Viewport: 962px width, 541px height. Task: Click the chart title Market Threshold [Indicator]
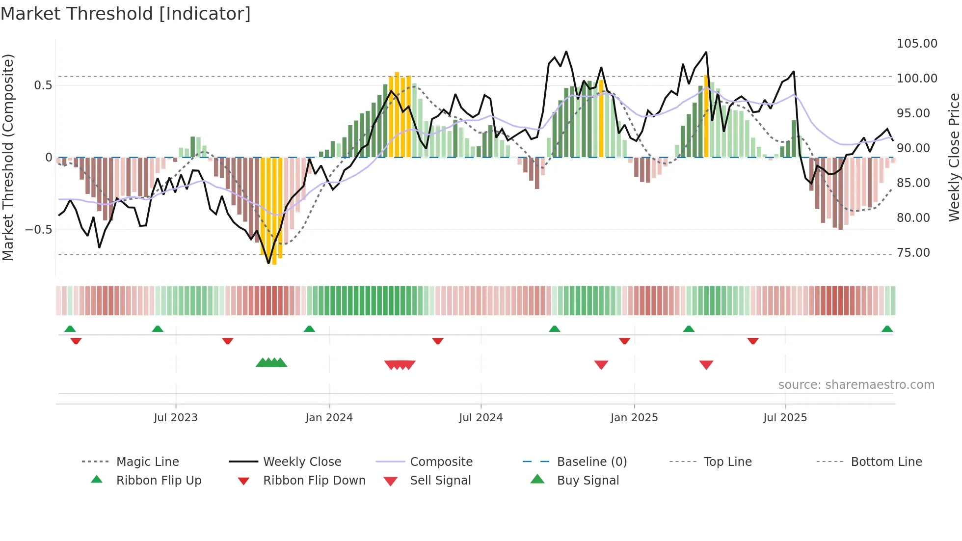point(126,14)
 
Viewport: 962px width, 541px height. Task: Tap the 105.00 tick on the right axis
point(916,44)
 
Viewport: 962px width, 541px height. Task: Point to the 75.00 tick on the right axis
point(913,253)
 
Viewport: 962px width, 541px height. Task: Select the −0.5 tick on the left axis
point(38,230)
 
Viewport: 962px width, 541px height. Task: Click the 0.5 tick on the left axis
point(43,85)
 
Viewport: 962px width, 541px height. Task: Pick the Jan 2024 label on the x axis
point(329,418)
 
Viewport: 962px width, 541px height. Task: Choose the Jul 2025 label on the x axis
point(785,418)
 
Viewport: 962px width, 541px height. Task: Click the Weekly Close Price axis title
point(954,157)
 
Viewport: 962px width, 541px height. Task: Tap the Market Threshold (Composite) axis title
point(8,157)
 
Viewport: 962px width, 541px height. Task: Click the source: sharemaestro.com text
point(856,385)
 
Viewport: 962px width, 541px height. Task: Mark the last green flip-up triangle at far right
point(887,329)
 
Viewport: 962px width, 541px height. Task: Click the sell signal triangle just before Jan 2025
point(601,365)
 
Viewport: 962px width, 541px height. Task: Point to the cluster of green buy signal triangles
point(271,363)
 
